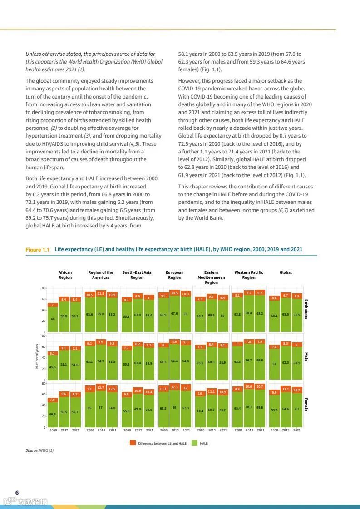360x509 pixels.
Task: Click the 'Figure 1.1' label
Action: coord(37,250)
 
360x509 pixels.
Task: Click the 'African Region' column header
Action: coord(65,275)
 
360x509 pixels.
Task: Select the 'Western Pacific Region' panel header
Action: coord(248,275)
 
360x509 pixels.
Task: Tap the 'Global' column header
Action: coord(286,272)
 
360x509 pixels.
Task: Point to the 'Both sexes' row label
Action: coord(306,309)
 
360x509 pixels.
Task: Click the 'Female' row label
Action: coord(306,404)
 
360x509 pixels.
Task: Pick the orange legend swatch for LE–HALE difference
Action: coord(133,443)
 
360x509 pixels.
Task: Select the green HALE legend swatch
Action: coord(194,443)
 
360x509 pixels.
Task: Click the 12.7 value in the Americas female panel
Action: coord(101,387)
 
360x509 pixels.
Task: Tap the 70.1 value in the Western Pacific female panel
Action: coord(248,407)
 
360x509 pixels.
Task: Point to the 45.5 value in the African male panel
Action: coord(53,367)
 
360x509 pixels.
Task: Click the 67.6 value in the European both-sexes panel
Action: coord(174,313)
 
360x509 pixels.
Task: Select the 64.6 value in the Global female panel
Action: coord(286,409)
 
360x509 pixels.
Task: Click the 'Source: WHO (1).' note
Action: coord(40,450)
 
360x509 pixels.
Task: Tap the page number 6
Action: coord(17,493)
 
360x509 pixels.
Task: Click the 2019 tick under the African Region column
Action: coord(64,430)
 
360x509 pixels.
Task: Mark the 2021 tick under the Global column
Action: coord(296,430)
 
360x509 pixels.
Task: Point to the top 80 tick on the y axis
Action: coord(44,288)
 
